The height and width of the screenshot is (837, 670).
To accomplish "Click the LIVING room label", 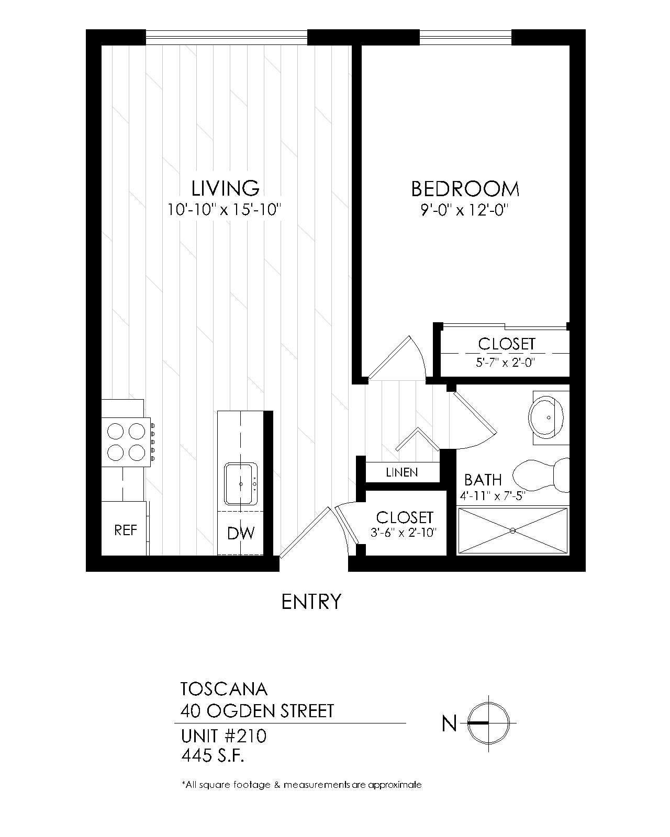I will pyautogui.click(x=225, y=188).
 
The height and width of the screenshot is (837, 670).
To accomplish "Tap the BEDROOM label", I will pyautogui.click(x=465, y=189).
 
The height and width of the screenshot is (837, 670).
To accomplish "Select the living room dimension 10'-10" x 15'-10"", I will pyautogui.click(x=225, y=210).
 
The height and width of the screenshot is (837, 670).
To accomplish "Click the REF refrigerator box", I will pyautogui.click(x=125, y=530).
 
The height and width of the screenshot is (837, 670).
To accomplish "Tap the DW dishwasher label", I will pyautogui.click(x=241, y=534).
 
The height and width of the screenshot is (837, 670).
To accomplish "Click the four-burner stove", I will pyautogui.click(x=126, y=440).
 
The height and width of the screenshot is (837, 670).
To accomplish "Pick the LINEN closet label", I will pyautogui.click(x=402, y=472).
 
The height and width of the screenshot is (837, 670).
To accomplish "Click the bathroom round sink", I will pyautogui.click(x=548, y=417).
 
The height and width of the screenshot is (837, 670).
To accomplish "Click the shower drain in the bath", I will pyautogui.click(x=512, y=530).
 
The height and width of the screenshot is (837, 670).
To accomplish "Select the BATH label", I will pyautogui.click(x=483, y=480).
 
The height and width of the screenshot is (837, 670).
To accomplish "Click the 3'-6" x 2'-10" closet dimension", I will pyautogui.click(x=404, y=533).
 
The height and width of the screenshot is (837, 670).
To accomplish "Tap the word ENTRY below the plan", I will pyautogui.click(x=311, y=602).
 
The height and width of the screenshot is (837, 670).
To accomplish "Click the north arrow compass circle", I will pyautogui.click(x=488, y=723).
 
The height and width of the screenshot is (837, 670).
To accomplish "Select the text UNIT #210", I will pyautogui.click(x=224, y=737).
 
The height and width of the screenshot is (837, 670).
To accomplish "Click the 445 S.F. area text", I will pyautogui.click(x=213, y=756).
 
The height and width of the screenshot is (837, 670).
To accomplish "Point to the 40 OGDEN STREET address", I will pyautogui.click(x=257, y=711).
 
